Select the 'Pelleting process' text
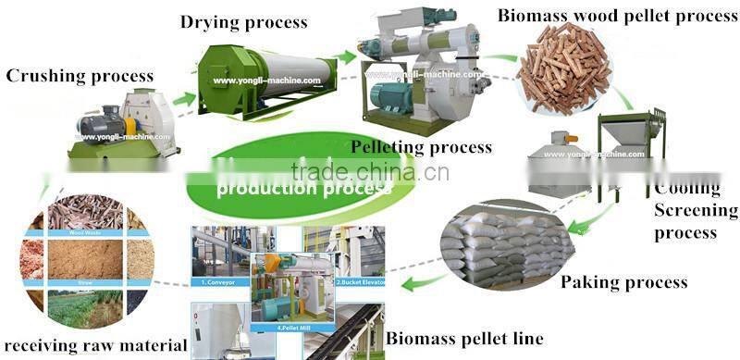click(x=421, y=147)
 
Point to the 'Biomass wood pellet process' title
click(x=617, y=15)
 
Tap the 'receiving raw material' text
click(x=94, y=346)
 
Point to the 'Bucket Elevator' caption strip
click(x=356, y=279)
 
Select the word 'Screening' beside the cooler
click(x=696, y=210)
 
